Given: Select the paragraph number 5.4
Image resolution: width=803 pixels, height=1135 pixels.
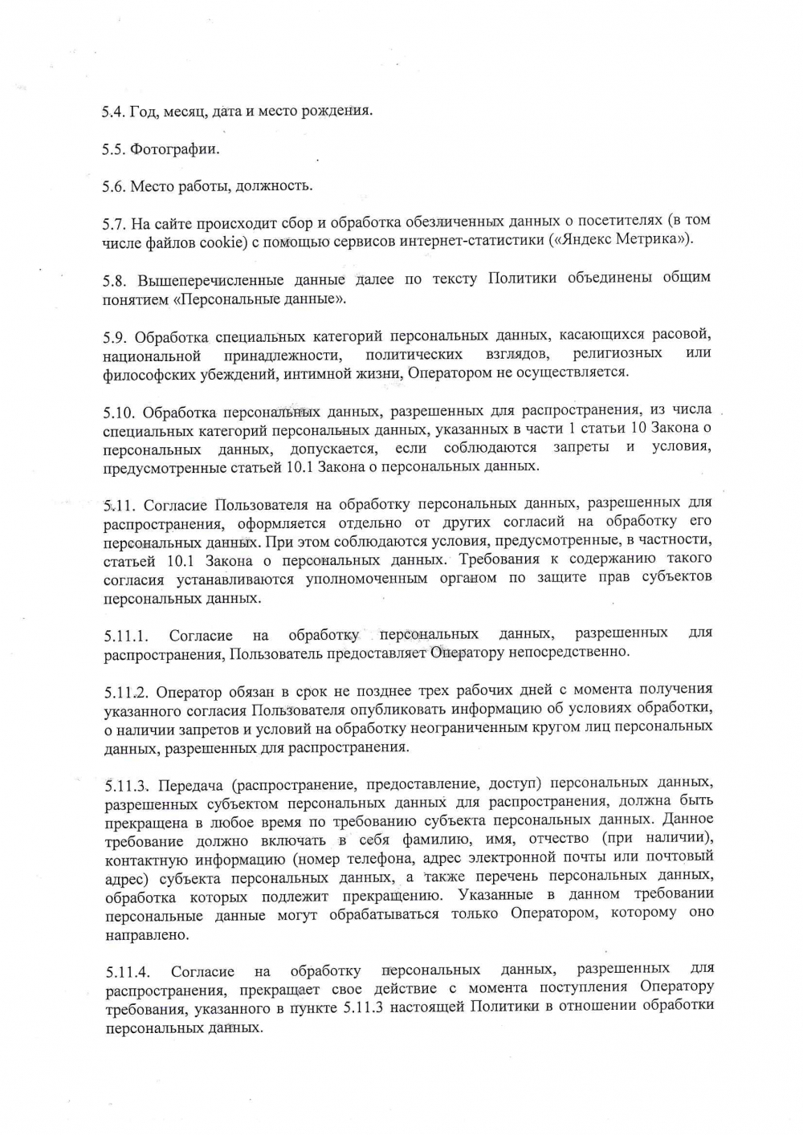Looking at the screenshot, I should [x=114, y=112].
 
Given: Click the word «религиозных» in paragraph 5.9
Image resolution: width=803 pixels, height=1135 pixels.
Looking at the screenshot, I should [x=618, y=353].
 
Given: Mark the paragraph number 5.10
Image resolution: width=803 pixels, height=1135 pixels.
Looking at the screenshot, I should [x=119, y=413].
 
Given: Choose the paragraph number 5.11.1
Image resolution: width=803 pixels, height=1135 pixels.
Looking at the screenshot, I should [x=126, y=637].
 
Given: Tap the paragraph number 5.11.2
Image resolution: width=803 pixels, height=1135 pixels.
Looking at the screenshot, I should [x=127, y=692].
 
